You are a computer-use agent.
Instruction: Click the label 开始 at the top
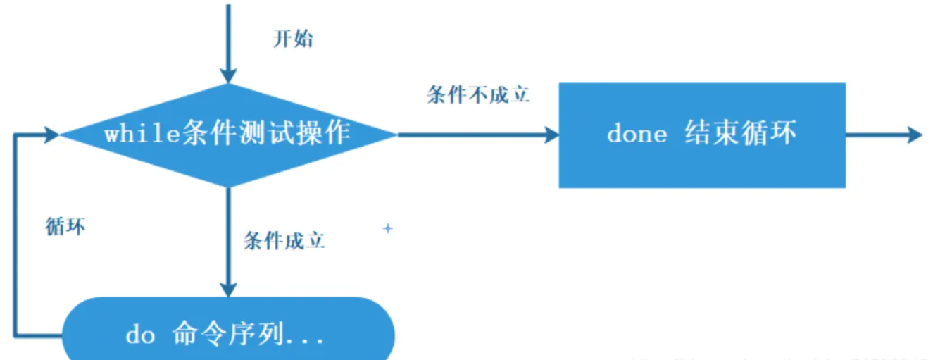coord(293,39)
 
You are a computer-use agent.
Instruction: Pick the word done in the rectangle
coord(637,135)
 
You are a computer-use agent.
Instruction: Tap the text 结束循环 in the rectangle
coord(740,135)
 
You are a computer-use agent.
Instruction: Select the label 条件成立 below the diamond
coord(284,241)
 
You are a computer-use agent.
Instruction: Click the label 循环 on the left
coord(65,227)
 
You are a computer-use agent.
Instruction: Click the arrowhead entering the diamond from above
coord(228,76)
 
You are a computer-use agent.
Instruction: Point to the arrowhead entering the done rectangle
coord(552,135)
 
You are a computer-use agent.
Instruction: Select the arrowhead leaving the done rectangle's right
coord(915,135)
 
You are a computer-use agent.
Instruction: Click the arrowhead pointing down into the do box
coord(228,289)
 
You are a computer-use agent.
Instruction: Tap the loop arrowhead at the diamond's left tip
coord(52,134)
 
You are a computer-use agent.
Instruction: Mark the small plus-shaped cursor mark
coord(387,228)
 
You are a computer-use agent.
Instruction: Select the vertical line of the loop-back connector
coord(14,232)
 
